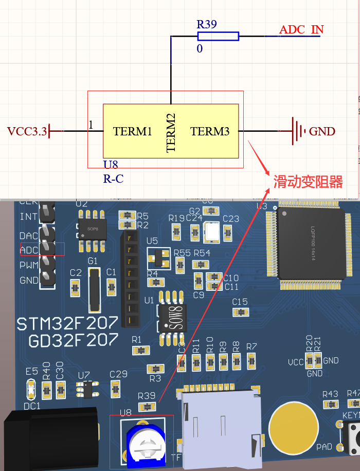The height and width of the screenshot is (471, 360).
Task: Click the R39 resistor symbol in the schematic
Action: pos(218,36)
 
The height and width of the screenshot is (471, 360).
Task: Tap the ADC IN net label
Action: pos(301,29)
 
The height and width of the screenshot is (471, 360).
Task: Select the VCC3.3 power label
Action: pos(27,131)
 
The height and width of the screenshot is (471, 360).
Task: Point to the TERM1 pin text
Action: pos(133,131)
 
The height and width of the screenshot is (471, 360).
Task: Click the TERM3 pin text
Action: pos(210,131)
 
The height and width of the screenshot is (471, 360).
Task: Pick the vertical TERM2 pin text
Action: pos(171,133)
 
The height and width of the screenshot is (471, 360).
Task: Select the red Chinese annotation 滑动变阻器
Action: pos(308,181)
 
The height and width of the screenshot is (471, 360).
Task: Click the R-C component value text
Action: pos(113,179)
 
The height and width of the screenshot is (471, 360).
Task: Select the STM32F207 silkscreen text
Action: pos(67,323)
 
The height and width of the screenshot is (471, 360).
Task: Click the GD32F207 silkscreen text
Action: pos(74,340)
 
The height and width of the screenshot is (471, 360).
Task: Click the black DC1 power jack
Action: pos(51,438)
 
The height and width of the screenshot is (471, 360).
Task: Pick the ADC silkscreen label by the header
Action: pos(29,250)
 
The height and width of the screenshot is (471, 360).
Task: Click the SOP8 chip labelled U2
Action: pos(93,228)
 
